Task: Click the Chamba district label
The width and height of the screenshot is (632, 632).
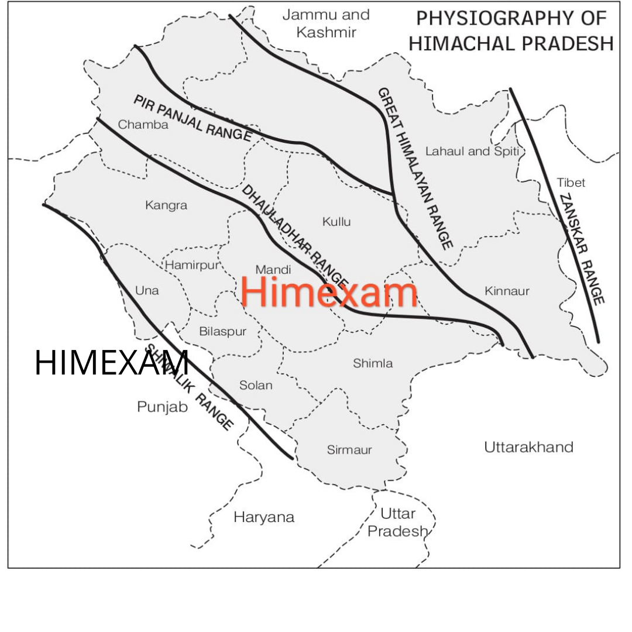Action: (x=143, y=125)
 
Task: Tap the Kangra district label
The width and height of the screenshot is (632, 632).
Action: (x=166, y=205)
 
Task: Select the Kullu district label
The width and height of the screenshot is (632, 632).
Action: (x=336, y=222)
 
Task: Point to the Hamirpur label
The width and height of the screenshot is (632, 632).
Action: (x=191, y=265)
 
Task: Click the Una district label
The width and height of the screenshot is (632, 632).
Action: (x=147, y=290)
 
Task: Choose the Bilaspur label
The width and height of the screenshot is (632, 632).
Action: (x=222, y=331)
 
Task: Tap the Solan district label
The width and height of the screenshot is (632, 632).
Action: (x=256, y=385)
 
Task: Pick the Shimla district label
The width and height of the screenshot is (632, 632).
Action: (x=373, y=363)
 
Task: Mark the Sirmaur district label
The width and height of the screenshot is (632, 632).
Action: (x=349, y=450)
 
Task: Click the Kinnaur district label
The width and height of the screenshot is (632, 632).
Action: (x=507, y=291)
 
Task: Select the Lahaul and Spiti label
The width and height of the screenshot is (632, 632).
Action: (x=472, y=152)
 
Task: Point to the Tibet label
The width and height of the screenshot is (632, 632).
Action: (x=571, y=183)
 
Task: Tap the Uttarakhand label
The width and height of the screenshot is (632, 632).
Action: (x=528, y=448)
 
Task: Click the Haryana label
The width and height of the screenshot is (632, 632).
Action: (x=264, y=517)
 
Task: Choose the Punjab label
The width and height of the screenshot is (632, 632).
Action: (x=163, y=407)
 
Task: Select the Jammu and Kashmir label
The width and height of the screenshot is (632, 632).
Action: (x=326, y=23)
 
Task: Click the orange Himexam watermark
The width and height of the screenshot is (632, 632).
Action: (x=329, y=293)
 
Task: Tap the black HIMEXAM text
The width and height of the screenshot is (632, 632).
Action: (x=112, y=363)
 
